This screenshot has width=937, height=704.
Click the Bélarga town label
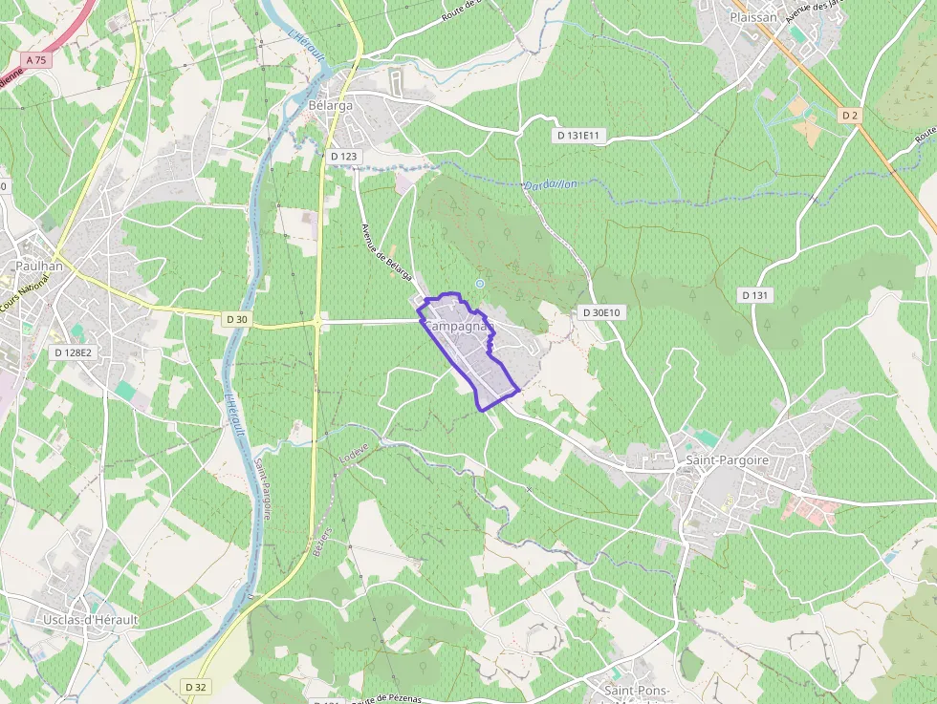point(331,105)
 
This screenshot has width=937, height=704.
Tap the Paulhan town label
point(39,267)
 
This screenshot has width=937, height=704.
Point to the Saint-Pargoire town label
point(728,460)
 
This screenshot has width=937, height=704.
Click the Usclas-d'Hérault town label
point(91,620)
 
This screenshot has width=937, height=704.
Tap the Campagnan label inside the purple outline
point(458,326)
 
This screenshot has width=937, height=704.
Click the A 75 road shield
point(36,59)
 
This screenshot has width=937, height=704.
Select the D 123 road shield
point(343,156)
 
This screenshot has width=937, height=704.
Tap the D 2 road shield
point(849,115)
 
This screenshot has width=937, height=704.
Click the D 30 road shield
point(236,319)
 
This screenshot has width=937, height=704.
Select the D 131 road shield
point(754,295)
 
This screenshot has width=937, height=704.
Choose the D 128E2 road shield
point(72,352)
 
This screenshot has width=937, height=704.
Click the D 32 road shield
point(196,687)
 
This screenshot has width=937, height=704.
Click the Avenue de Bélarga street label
point(386,252)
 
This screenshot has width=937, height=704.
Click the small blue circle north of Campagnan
point(480,284)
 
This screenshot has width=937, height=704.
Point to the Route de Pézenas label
point(386,699)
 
